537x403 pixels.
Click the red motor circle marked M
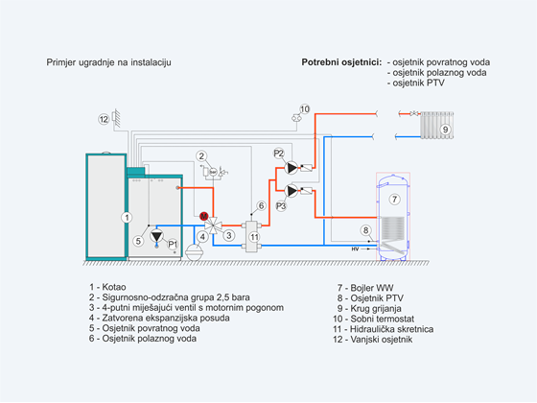point(203,216)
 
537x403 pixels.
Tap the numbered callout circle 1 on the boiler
point(127,217)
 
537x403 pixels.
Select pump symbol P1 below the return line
point(157,236)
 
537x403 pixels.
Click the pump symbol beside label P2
point(292,168)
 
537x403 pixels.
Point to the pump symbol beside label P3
point(292,191)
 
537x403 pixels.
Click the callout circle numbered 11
point(254,237)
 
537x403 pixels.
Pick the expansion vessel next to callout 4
point(194,252)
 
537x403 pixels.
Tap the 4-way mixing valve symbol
point(213,225)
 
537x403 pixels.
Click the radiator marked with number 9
point(437,125)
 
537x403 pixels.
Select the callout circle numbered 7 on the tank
point(394,200)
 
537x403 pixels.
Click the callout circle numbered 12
point(104,119)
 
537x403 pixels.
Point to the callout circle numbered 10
point(305,109)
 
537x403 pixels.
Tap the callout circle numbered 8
point(365,230)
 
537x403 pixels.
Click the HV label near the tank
point(355,249)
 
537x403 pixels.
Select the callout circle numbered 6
point(261,205)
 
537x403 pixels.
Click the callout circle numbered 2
point(201,156)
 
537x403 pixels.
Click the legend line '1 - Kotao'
point(107,287)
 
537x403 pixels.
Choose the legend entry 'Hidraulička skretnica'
point(391,329)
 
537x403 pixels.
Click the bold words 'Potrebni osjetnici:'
point(341,62)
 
